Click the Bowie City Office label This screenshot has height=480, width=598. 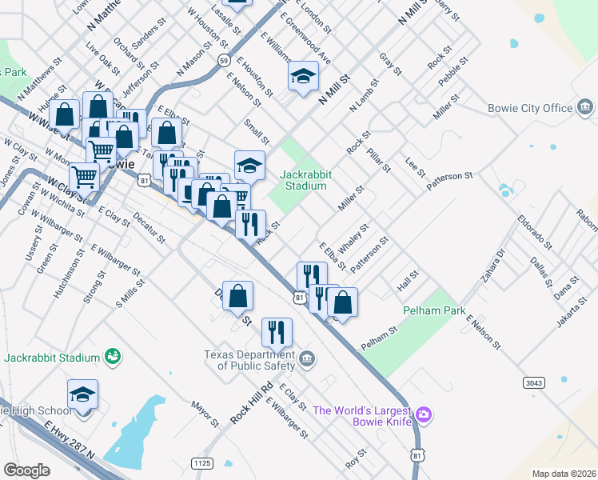click(x=530, y=108)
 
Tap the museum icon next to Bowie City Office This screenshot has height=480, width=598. click(x=584, y=107)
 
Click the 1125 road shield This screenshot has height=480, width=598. click(x=202, y=462)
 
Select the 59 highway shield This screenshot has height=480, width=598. click(x=225, y=60)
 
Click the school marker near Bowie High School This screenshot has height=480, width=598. click(x=82, y=395)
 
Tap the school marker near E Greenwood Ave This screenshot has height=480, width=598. click(x=304, y=77)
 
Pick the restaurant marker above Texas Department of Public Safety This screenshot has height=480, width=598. click(x=277, y=331)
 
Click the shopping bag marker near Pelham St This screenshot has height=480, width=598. click(x=342, y=303)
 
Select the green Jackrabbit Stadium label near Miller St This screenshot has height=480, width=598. click(x=303, y=180)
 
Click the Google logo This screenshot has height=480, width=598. click(x=26, y=470)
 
